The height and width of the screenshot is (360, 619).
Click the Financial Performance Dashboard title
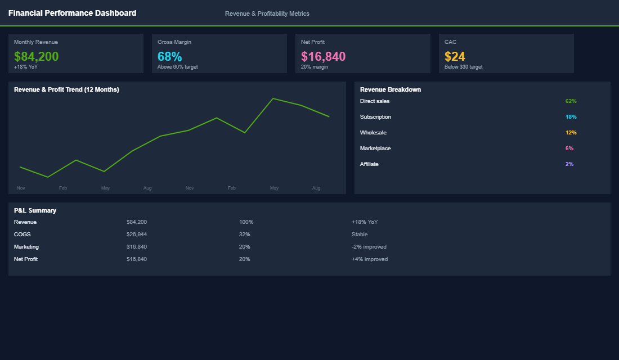click(72, 13)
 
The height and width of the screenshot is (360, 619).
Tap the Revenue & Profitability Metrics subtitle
click(267, 13)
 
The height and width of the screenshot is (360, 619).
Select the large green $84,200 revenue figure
click(36, 56)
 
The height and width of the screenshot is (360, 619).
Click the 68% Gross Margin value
click(169, 56)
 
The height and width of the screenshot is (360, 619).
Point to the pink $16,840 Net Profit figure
click(323, 56)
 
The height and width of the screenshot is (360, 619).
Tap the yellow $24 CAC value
click(455, 56)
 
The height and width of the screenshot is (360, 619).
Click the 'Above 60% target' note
click(177, 67)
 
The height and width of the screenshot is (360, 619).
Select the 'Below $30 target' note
click(463, 67)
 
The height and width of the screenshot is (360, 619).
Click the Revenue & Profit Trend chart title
click(66, 89)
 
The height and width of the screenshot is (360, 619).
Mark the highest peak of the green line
click(273, 98)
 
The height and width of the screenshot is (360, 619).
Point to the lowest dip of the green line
click(48, 177)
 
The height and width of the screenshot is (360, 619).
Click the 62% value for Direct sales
click(571, 101)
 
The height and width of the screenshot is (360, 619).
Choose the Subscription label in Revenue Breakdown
click(375, 117)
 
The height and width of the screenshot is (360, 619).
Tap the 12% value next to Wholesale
click(571, 133)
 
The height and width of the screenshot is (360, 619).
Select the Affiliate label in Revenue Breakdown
click(369, 164)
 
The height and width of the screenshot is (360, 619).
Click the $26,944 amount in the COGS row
click(137, 235)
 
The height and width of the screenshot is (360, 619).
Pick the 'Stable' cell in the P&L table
click(360, 235)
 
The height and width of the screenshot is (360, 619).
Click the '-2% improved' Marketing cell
click(369, 247)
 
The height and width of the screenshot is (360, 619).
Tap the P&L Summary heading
click(35, 210)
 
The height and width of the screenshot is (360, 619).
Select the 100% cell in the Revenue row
click(246, 222)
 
